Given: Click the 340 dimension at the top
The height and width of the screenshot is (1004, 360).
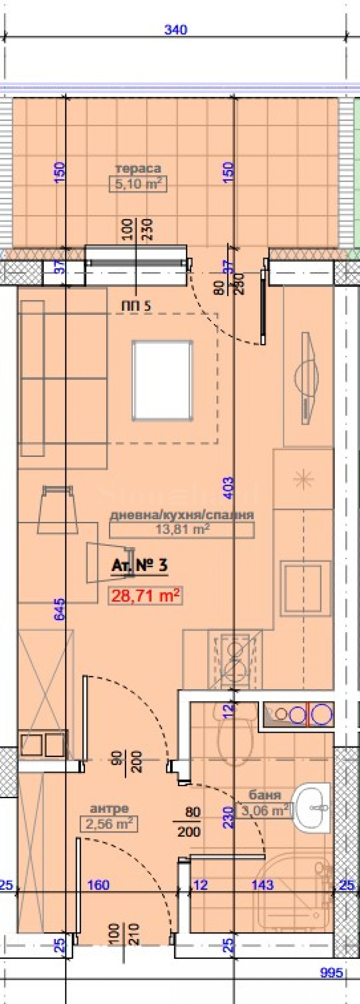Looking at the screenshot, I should (x=176, y=30).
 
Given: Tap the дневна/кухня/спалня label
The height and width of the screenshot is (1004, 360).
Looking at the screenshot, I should (x=182, y=515).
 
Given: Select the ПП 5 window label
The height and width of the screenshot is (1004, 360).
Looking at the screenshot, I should (x=136, y=306).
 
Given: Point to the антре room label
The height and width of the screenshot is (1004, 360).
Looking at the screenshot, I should (x=109, y=809).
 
